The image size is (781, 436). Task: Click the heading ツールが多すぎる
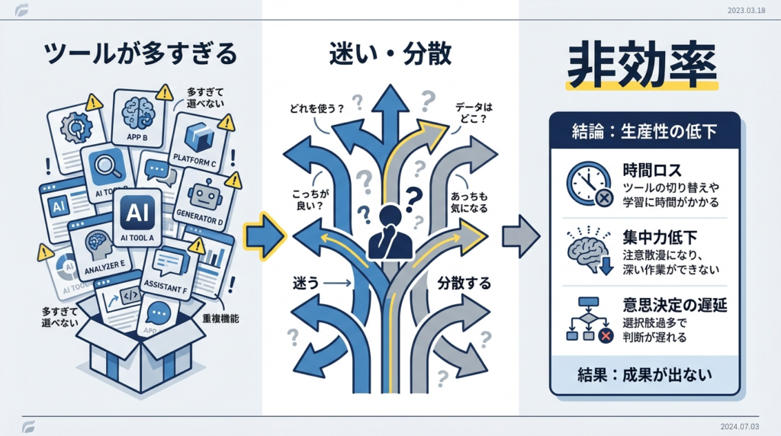(x=140, y=55)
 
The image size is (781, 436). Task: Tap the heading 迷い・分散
(x=390, y=55)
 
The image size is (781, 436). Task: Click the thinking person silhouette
(x=390, y=232)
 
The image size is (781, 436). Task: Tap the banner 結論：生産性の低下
(x=644, y=131)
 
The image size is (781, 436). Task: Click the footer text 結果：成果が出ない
(x=644, y=374)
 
